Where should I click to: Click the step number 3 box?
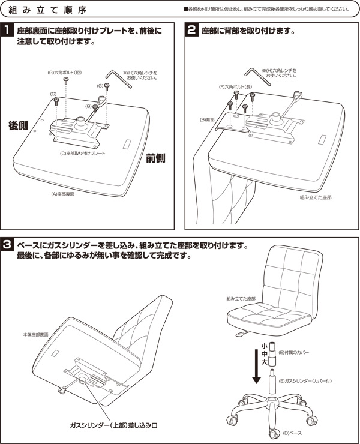(8, 245)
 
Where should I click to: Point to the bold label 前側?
(155, 158)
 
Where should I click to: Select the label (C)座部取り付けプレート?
(83, 154)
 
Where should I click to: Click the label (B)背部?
(207, 120)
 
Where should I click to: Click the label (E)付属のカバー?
(294, 353)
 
